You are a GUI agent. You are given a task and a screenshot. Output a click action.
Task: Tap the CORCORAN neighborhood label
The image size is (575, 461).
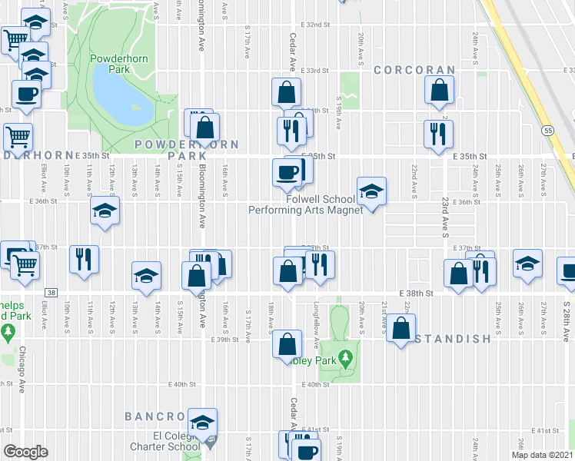click(415, 70)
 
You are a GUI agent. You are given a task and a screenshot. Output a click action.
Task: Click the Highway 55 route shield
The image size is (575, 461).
click(547, 131)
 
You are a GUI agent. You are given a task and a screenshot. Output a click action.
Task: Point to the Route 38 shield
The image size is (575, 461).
click(51, 293)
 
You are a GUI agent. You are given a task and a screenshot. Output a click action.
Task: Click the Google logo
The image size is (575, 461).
click(25, 452)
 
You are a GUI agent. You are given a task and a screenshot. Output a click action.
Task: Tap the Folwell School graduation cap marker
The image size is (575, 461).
click(371, 191)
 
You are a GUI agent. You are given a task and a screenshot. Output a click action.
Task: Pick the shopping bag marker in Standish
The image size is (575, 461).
click(401, 328)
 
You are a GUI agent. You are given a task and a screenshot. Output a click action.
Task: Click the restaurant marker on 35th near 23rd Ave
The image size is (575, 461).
click(438, 133)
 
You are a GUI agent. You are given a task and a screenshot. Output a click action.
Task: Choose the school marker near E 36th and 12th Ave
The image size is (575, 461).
click(105, 212)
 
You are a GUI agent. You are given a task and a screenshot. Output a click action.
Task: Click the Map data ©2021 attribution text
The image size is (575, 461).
click(542, 455)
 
